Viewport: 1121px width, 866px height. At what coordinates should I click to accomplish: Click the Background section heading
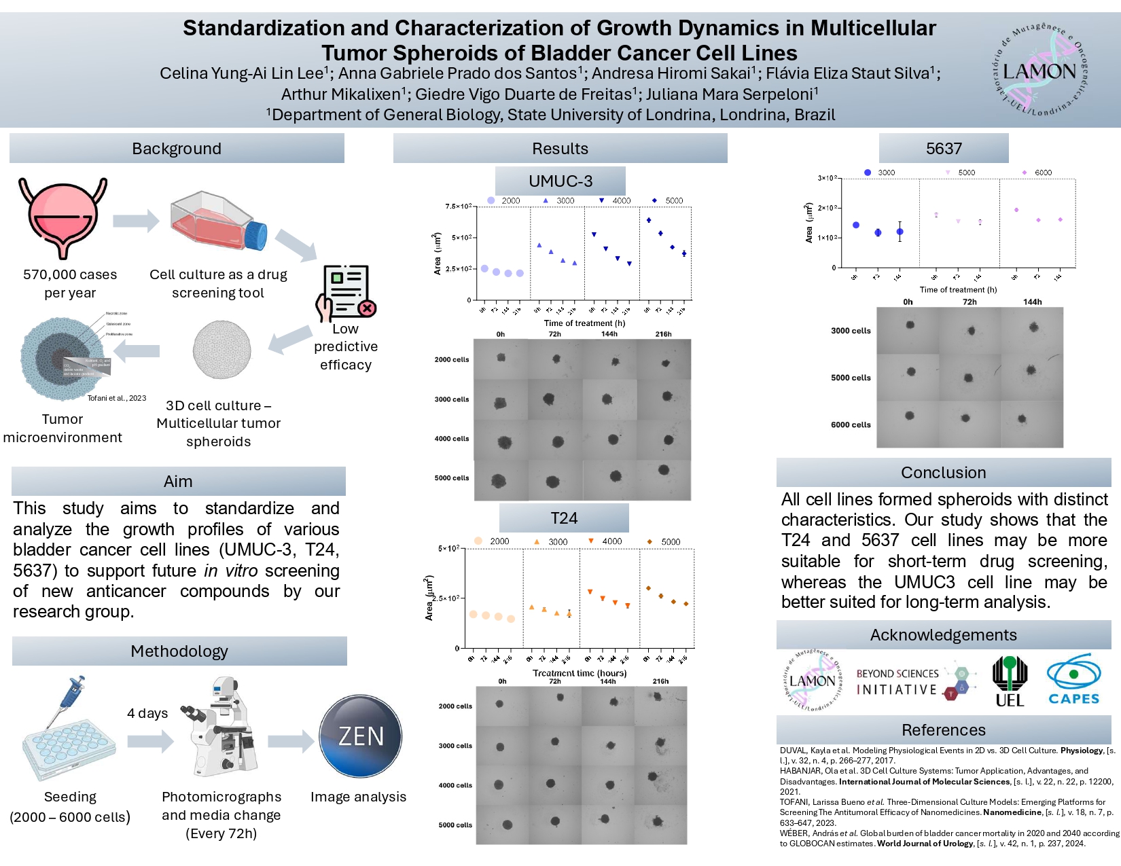(x=177, y=149)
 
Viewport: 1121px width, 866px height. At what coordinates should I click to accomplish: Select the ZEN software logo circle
(x=361, y=736)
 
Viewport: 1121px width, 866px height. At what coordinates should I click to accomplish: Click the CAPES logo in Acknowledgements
(x=1073, y=681)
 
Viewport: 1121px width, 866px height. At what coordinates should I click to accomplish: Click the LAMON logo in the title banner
(x=1039, y=70)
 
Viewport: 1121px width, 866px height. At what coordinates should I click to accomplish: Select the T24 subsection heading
(x=564, y=518)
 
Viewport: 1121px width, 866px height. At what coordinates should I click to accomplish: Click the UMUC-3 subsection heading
(x=560, y=181)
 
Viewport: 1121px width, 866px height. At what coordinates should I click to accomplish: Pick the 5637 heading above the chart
(x=944, y=149)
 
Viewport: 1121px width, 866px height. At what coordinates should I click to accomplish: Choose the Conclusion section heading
(x=944, y=473)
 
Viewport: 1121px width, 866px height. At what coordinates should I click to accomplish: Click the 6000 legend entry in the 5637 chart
(x=1037, y=173)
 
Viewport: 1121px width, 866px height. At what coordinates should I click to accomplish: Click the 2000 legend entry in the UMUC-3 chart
(x=503, y=200)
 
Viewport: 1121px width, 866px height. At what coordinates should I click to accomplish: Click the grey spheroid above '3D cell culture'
(x=221, y=350)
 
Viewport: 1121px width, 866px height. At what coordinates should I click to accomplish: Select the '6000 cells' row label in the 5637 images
(x=851, y=425)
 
